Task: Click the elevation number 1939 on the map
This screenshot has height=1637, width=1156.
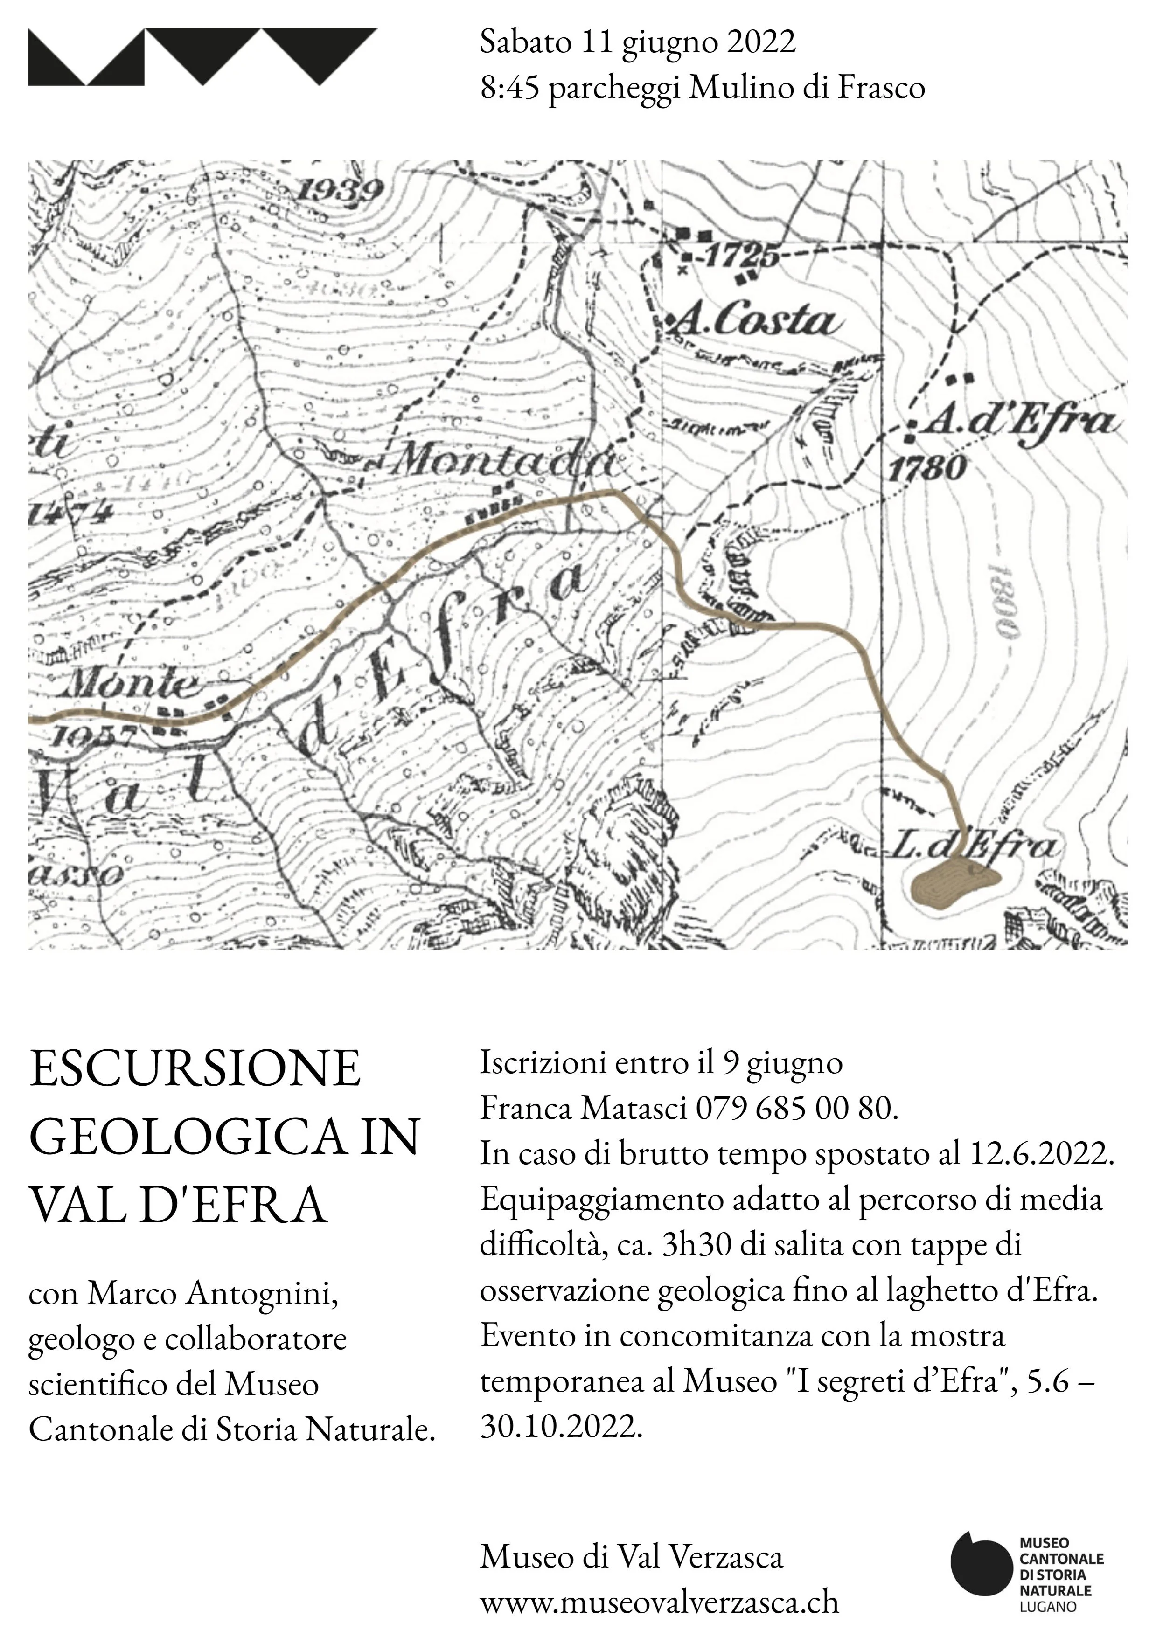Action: pos(340,190)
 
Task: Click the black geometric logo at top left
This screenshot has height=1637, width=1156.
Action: pos(202,57)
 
